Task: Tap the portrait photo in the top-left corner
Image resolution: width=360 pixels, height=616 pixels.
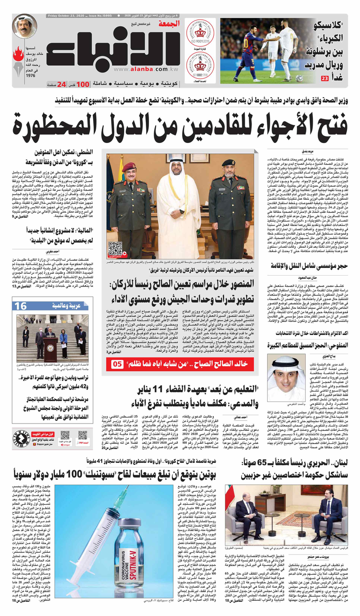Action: click(x=24, y=27)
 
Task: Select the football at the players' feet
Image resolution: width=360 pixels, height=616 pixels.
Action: click(x=299, y=78)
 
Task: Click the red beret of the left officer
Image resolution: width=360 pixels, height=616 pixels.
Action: click(x=130, y=167)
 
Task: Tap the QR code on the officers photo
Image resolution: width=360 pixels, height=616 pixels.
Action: click(x=115, y=249)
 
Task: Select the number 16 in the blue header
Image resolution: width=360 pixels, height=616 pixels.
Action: click(x=21, y=306)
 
